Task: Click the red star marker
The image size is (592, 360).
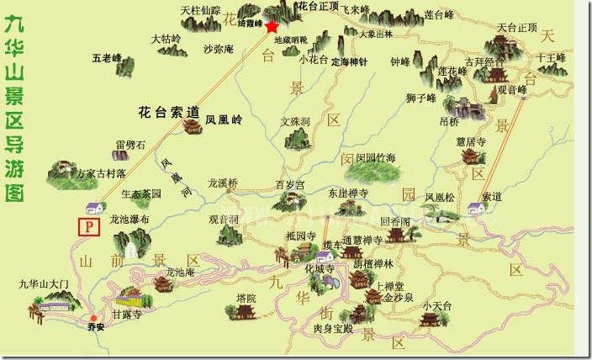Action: point(272,26)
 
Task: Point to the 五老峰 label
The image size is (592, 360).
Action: point(107,59)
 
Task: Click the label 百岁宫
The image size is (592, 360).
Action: point(289,184)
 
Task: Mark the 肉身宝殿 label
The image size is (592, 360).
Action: point(329,328)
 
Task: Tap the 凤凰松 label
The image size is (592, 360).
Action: point(440,199)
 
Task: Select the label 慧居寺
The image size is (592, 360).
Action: point(470,142)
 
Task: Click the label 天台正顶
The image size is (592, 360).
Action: point(516,28)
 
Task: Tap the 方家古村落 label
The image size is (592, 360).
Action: point(100,174)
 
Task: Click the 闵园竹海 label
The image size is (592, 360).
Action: point(375,158)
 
